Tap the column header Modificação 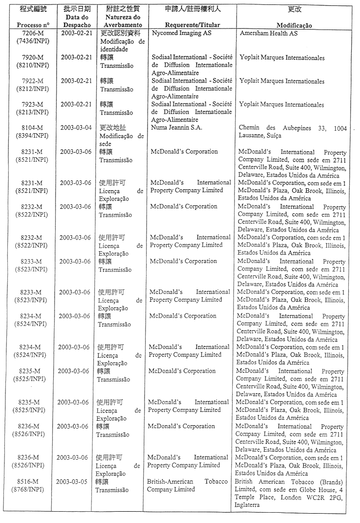(294, 25)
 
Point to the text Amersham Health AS (269, 33)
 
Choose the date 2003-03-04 (76, 128)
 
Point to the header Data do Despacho (76, 21)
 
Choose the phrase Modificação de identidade (122, 45)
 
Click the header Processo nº (32, 25)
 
